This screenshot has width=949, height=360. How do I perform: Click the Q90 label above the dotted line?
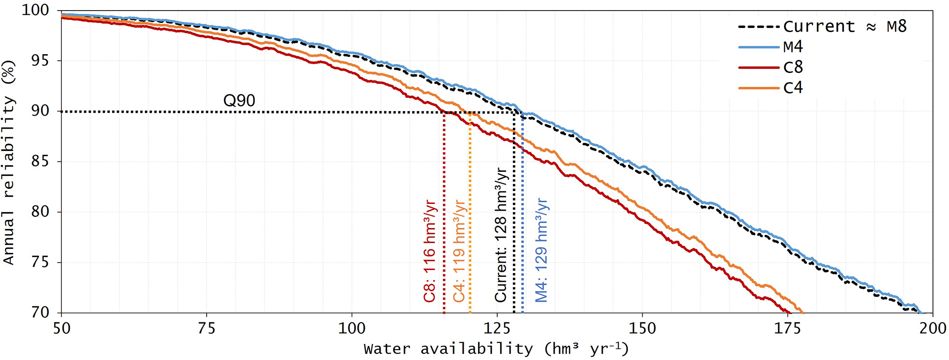tap(239, 101)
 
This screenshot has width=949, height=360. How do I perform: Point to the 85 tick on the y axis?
tap(40, 162)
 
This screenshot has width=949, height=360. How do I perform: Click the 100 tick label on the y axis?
tap(35, 10)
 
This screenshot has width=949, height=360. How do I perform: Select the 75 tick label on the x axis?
tap(207, 329)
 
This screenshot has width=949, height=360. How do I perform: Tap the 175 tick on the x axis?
tap(787, 329)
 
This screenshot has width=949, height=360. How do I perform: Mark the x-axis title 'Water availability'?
tap(496, 349)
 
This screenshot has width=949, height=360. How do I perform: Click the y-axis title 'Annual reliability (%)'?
tap(9, 162)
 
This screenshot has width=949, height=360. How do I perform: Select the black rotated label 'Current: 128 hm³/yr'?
tap(500, 235)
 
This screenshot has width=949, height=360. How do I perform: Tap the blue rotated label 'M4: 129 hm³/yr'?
tap(542, 250)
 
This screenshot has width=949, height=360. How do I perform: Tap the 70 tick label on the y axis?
tap(40, 313)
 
